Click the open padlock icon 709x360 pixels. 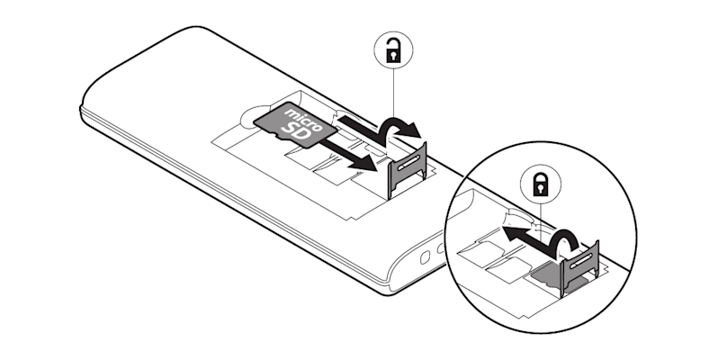click(x=390, y=54)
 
